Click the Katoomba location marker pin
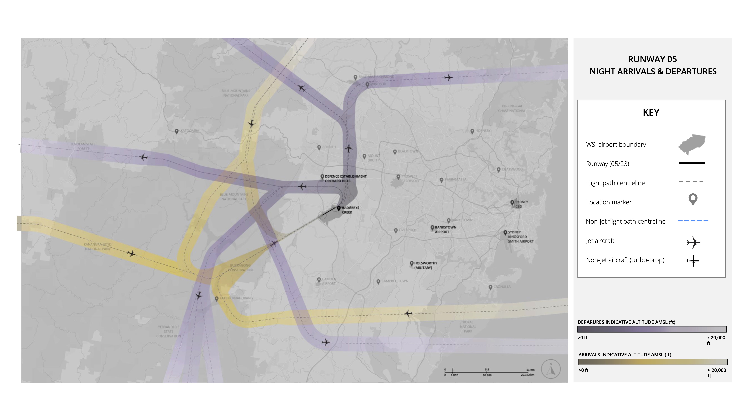[177, 131]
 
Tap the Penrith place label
[329, 147]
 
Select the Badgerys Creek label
[350, 210]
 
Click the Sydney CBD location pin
[512, 203]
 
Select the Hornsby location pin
[472, 131]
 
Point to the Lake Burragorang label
[236, 298]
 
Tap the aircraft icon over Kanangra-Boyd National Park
[131, 254]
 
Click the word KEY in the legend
[651, 113]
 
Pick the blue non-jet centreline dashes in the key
[693, 221]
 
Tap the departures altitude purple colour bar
[652, 329]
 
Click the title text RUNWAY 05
[652, 59]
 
